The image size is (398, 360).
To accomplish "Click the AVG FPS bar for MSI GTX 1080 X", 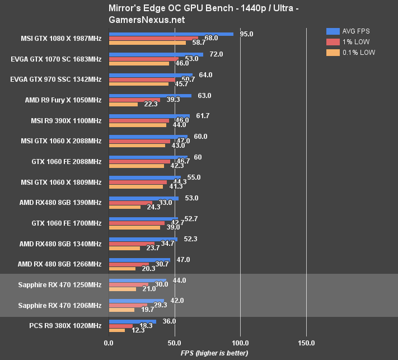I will point(171,34).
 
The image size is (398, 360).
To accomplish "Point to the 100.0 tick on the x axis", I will point(240,343).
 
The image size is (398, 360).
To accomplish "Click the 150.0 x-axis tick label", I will point(306,343).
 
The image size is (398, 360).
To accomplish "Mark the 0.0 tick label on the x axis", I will point(109,343).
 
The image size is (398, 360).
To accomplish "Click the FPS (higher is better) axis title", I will point(216,353).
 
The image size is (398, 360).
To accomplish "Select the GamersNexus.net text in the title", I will point(141,20).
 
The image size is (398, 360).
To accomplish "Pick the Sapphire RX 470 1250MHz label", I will point(60,285).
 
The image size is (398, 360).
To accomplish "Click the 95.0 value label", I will point(246,34).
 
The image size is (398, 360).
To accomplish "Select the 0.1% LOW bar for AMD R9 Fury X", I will point(123,104).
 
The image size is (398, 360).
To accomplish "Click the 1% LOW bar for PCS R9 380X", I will point(121,326).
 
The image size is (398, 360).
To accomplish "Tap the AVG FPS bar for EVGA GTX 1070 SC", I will point(156,55).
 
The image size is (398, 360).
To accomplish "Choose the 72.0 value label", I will point(216,54).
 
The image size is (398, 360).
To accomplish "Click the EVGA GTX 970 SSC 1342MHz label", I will point(56,80).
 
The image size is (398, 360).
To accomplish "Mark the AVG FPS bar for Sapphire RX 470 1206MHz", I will point(136,301).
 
